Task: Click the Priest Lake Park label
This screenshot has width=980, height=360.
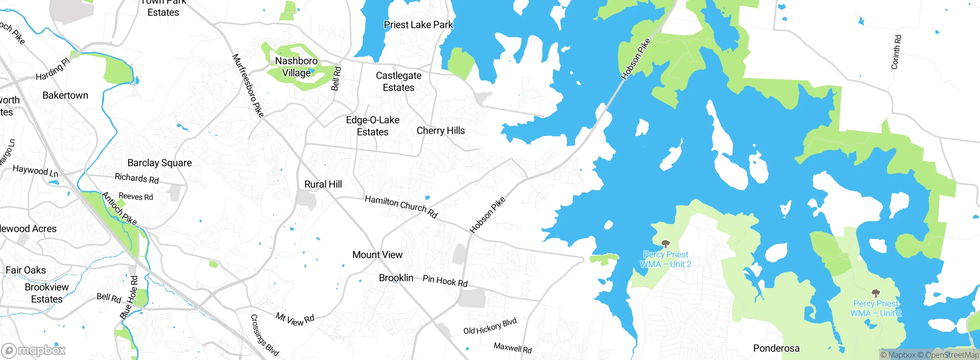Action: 418,25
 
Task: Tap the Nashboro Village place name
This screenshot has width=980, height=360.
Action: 296,67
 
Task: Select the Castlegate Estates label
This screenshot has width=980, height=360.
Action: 399,82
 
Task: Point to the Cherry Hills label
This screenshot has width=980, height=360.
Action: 441,131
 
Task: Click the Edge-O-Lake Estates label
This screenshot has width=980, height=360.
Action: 372,126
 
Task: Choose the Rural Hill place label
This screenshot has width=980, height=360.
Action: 323,184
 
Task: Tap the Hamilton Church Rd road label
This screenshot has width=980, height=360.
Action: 401,206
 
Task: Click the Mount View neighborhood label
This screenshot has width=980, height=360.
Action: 377,255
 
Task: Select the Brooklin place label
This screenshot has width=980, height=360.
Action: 396,278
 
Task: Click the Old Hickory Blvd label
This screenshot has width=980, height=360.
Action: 490,326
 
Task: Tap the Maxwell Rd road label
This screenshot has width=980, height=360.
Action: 513,348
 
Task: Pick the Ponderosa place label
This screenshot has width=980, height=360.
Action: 776,348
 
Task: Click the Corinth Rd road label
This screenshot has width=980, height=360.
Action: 896,52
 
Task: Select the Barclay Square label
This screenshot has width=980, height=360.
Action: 159,163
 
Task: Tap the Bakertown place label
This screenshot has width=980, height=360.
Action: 65,95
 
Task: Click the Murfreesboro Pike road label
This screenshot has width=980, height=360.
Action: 248,85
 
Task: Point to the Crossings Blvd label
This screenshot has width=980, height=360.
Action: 264,335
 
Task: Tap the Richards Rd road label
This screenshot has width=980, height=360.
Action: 137,178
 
